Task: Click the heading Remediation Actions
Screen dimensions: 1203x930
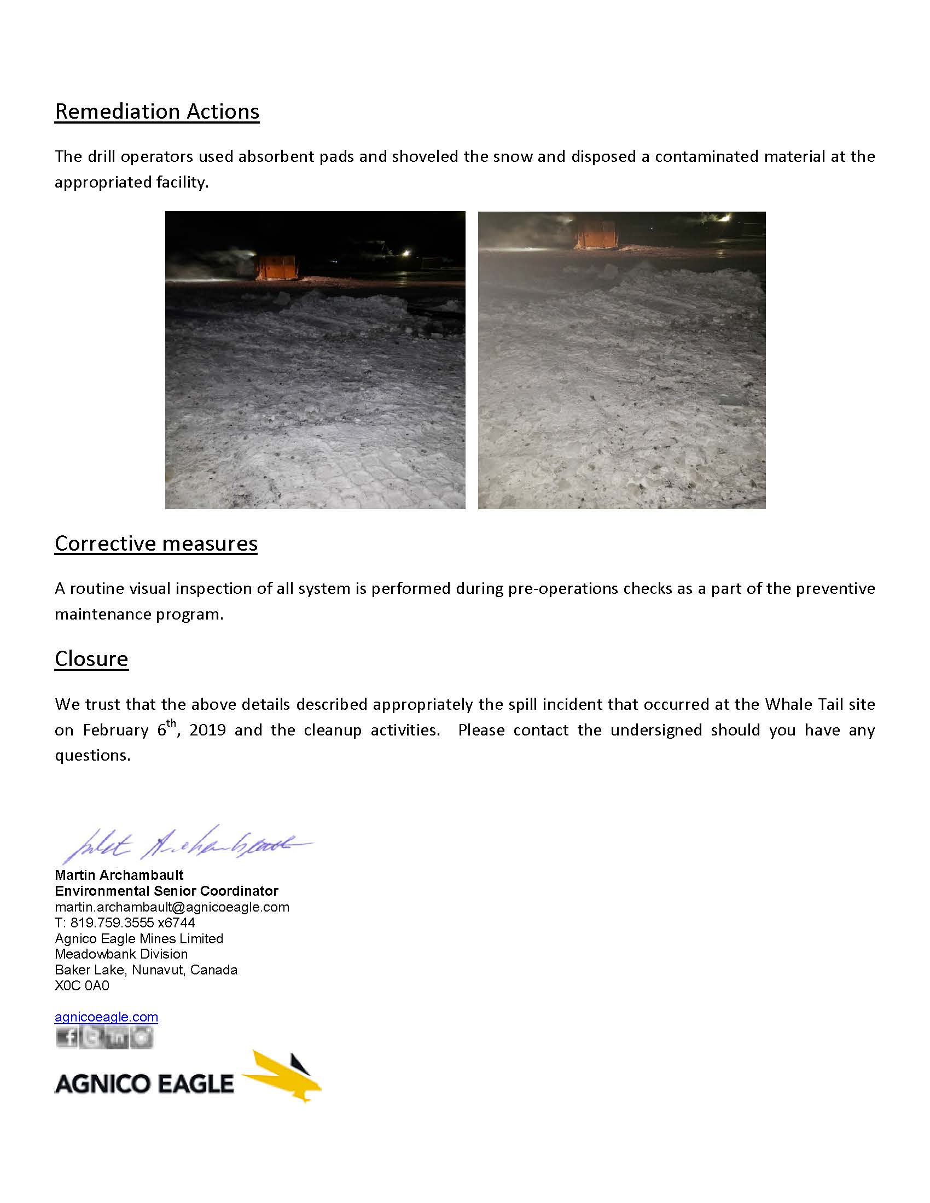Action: click(157, 111)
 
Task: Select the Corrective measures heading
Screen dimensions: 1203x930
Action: click(156, 543)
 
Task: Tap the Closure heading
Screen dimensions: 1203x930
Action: click(91, 658)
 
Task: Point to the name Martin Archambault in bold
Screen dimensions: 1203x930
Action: click(119, 875)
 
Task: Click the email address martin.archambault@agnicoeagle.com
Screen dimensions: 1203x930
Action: click(172, 907)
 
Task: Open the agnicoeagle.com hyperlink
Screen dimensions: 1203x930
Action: click(106, 1017)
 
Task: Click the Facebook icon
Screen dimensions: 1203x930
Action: click(67, 1038)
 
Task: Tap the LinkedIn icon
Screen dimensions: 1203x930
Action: click(118, 1038)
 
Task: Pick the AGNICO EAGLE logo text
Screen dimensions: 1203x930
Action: click(144, 1083)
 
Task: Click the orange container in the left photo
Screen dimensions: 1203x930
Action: click(276, 267)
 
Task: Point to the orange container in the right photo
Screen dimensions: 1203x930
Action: click(596, 234)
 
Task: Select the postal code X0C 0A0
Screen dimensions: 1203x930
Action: click(82, 985)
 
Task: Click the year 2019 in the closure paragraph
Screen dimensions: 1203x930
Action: click(208, 731)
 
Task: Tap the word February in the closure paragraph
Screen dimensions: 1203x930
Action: click(115, 731)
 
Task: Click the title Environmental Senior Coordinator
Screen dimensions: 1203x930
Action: click(166, 891)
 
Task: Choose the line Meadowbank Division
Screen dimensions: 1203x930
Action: click(121, 954)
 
